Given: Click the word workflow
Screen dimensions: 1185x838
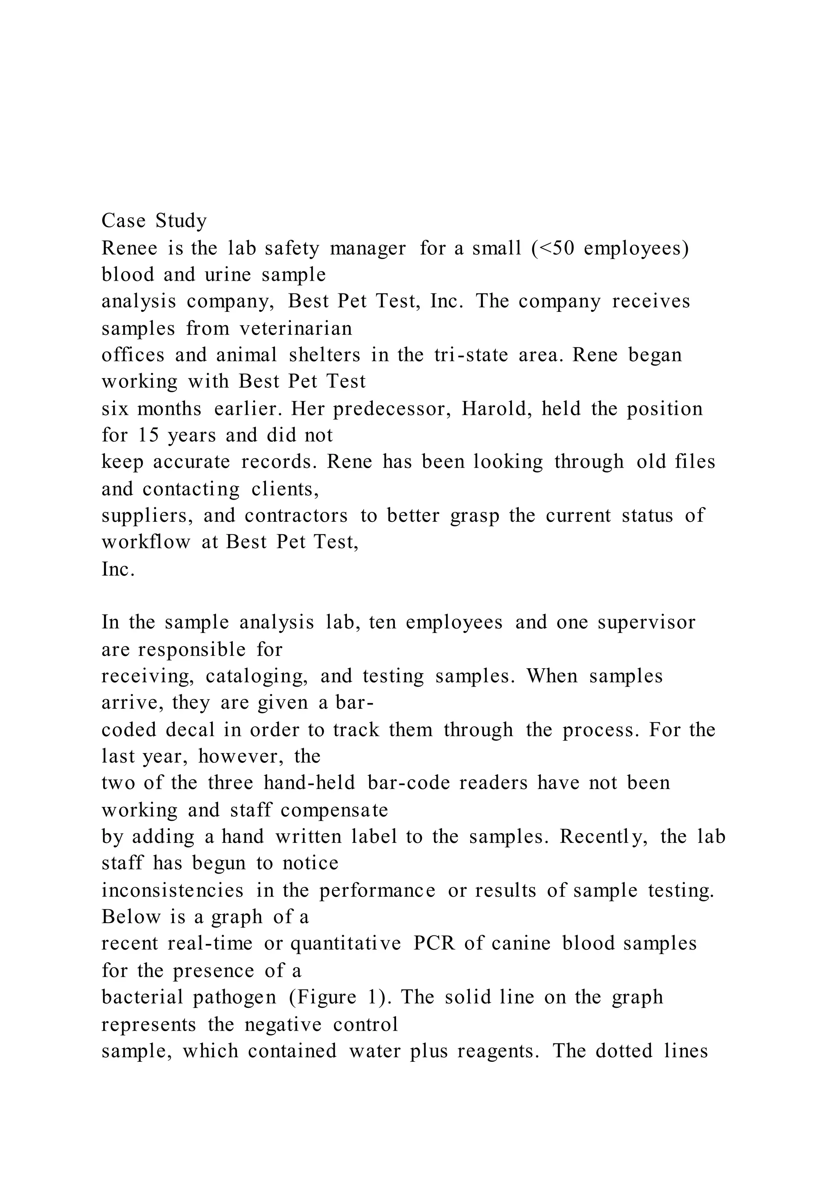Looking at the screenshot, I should click(x=146, y=542).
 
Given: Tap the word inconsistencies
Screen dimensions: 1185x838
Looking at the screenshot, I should click(x=172, y=890).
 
